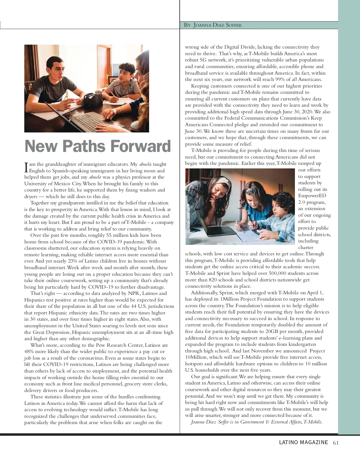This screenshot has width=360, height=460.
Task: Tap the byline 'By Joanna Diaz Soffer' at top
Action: coord(213,25)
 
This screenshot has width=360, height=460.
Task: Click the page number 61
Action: coord(336,443)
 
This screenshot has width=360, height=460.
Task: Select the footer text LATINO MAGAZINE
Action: coord(303,443)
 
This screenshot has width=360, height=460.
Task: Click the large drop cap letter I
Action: coord(26,167)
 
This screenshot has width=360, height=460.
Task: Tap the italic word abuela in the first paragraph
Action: coord(145,164)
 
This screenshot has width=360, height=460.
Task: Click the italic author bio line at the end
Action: coord(256,422)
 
